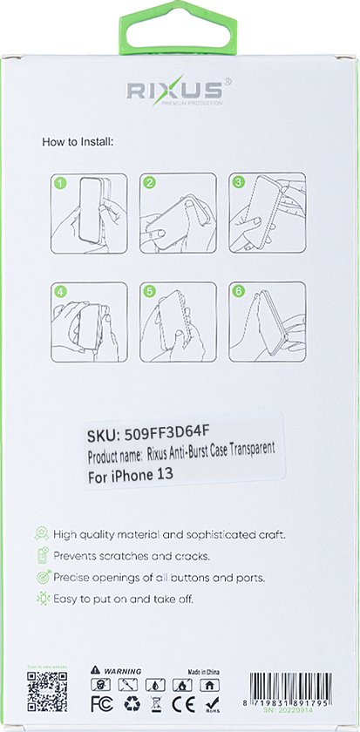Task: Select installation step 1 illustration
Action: [x=90, y=213]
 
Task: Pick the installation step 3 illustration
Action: [x=267, y=213]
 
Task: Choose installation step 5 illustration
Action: [x=179, y=322]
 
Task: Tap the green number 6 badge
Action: [x=236, y=291]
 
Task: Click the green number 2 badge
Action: [x=149, y=183]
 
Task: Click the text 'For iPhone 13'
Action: [x=132, y=477]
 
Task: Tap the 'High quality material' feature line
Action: [x=169, y=533]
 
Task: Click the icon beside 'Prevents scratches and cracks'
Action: [x=41, y=555]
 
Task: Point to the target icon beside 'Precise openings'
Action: [x=41, y=577]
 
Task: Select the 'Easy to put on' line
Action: [x=123, y=599]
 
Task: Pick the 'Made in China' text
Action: [x=202, y=672]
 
